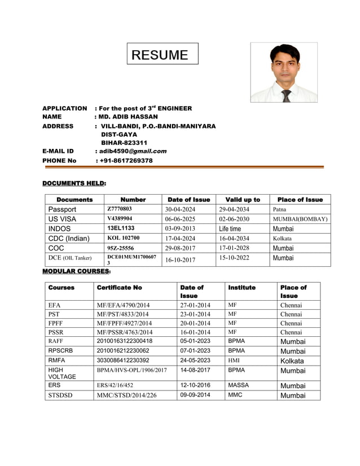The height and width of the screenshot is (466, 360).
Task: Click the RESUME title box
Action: [x=162, y=54]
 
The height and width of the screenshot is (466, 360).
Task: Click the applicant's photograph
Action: [x=283, y=72]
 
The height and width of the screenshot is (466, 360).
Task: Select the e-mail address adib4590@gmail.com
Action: [x=133, y=151]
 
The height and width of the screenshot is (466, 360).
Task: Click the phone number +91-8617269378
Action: [x=126, y=161]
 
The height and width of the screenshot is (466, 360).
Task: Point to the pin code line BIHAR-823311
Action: [x=124, y=143]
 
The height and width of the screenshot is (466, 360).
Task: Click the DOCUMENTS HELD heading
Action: [x=74, y=183]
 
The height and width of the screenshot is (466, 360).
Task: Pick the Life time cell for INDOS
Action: [x=230, y=229]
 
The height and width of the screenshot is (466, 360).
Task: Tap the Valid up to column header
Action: [x=243, y=200]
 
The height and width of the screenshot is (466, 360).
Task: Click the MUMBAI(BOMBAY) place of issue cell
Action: [x=300, y=219]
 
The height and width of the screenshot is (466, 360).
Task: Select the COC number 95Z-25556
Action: [x=120, y=248]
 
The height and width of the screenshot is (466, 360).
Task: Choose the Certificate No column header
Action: [x=120, y=288]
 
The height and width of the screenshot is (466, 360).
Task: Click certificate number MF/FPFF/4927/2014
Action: [x=124, y=323]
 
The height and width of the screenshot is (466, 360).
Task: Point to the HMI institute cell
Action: [x=234, y=361]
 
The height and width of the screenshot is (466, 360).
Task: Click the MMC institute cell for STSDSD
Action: [x=235, y=395]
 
